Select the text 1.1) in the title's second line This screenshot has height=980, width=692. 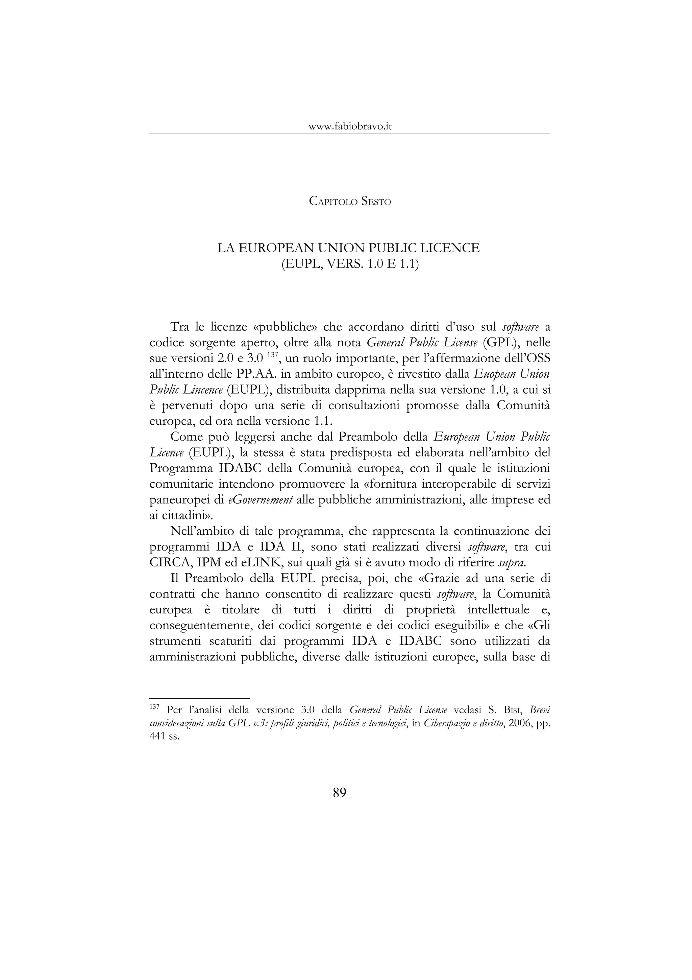coord(409,264)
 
